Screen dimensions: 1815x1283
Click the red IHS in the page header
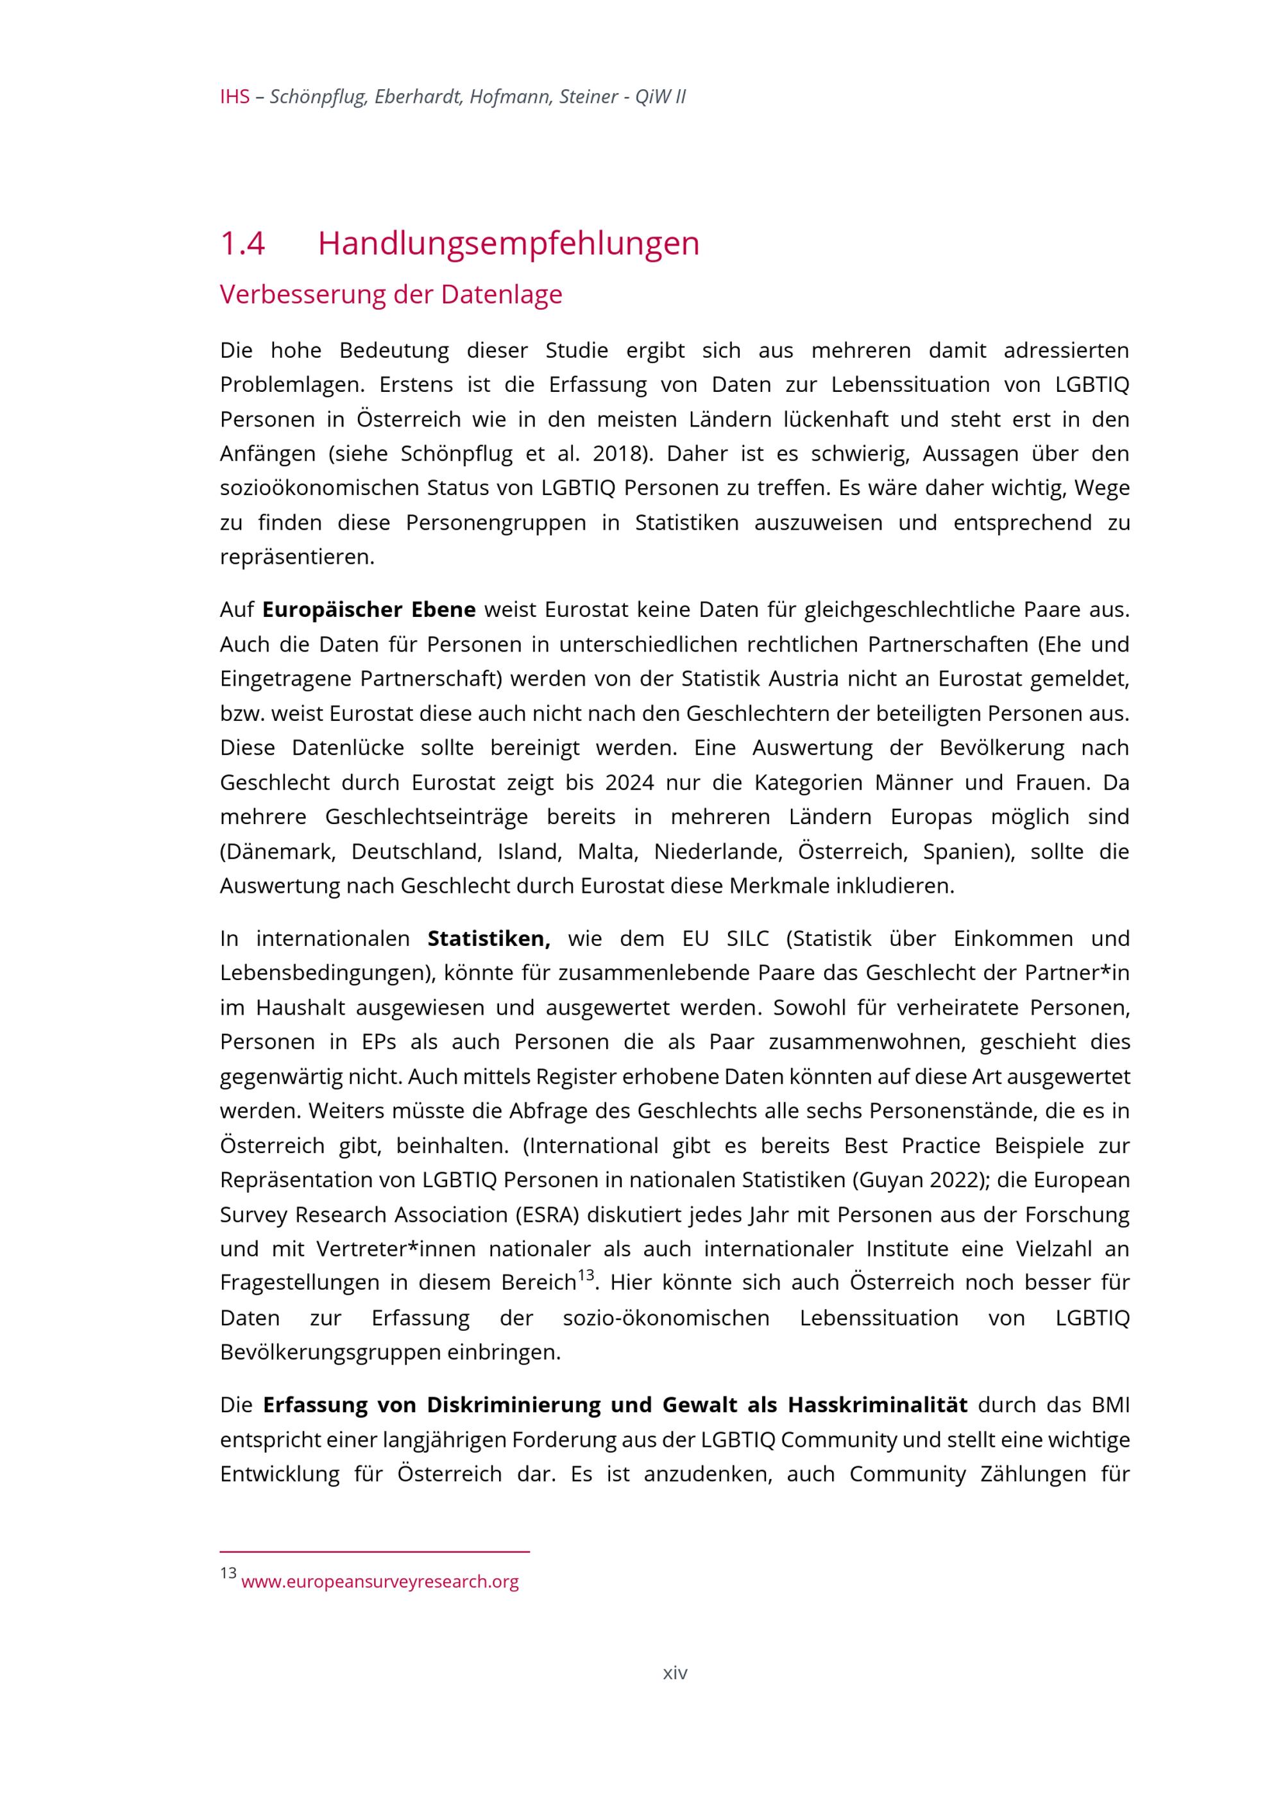[x=234, y=97]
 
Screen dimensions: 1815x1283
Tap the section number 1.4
[x=242, y=244]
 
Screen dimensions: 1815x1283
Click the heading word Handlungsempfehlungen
[x=508, y=244]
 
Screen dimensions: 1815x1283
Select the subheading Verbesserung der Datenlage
[x=391, y=294]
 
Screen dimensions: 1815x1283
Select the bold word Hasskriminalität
[x=877, y=1405]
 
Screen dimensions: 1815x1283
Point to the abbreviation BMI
[x=1110, y=1405]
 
